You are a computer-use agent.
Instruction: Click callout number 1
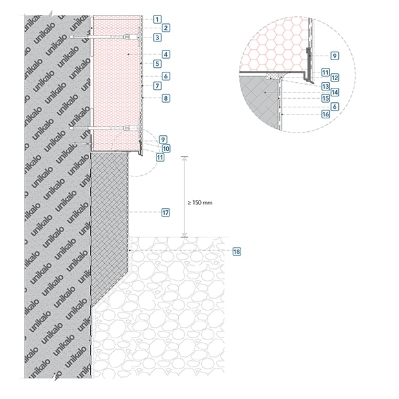pos(157,19)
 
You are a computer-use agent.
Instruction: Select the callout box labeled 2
pos(166,28)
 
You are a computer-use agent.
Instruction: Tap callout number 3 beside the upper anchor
pos(157,38)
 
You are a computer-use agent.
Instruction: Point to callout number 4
pos(166,54)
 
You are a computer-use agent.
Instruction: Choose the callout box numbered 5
pos(157,64)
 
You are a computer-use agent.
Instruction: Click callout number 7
pos(157,86)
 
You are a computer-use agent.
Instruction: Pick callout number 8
pos(166,98)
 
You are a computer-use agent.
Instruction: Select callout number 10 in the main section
pos(166,149)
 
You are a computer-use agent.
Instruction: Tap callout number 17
pos(166,213)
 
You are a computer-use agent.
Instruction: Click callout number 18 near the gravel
pos(237,252)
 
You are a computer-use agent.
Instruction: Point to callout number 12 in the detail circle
pos(334,78)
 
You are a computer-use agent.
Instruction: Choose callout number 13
pos(326,87)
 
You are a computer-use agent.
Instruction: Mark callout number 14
pos(334,92)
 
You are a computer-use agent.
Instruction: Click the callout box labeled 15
pos(326,98)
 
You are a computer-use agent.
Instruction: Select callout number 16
pos(326,114)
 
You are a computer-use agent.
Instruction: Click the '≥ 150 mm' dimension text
pos(200,203)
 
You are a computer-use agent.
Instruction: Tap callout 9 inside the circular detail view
pos(334,56)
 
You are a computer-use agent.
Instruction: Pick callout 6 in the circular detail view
pos(334,107)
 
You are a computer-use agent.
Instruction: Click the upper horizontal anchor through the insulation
pos(104,37)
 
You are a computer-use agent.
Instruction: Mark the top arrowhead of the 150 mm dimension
pos(184,158)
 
